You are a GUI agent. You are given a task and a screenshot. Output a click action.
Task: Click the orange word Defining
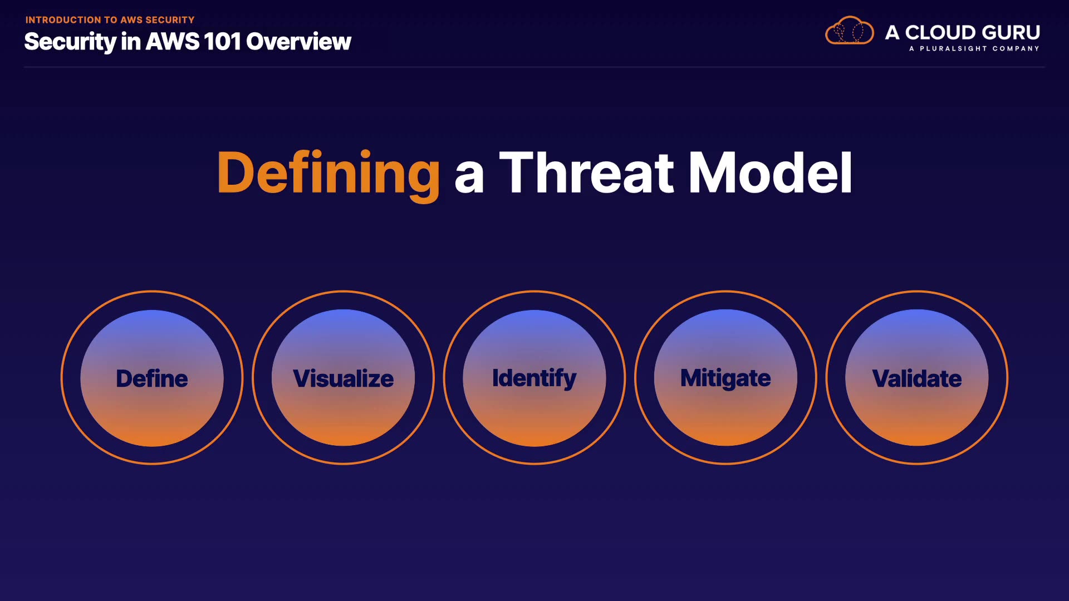[328, 174]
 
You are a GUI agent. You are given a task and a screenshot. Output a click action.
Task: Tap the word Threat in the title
[586, 173]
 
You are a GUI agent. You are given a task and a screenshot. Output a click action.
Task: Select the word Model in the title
[771, 173]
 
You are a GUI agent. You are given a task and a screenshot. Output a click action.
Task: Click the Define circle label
[152, 378]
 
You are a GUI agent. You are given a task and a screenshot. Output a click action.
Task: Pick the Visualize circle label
[344, 378]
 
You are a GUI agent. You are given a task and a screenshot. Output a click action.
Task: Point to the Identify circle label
[534, 379]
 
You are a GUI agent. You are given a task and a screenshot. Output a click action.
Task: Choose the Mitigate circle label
[725, 379]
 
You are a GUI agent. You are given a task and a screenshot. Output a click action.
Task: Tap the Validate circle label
[917, 378]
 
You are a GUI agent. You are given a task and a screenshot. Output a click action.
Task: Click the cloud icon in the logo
[850, 31]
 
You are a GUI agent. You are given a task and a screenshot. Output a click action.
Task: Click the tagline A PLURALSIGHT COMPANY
[974, 49]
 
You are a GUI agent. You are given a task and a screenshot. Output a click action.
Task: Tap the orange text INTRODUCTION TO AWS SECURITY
[110, 20]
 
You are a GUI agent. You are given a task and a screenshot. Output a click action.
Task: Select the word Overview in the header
[299, 42]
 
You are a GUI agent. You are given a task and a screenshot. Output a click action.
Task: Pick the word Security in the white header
[70, 42]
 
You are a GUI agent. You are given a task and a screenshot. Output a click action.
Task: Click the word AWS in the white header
[173, 42]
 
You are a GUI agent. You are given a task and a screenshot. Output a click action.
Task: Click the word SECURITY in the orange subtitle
[170, 20]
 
